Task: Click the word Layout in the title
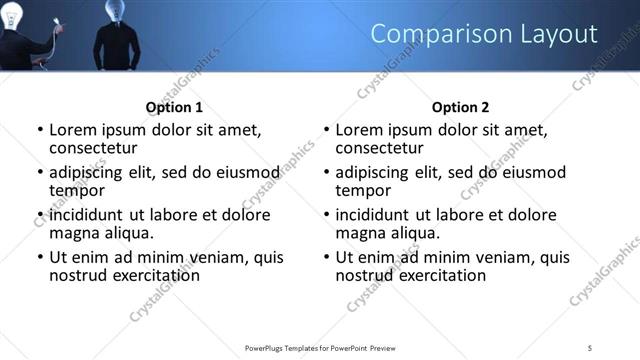pyautogui.click(x=554, y=34)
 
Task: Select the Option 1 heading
pyautogui.click(x=174, y=107)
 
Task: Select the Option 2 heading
pyautogui.click(x=460, y=107)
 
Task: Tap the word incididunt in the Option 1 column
pyautogui.click(x=91, y=215)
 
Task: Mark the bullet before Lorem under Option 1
pyautogui.click(x=40, y=130)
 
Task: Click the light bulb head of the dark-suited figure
pyautogui.click(x=114, y=11)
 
